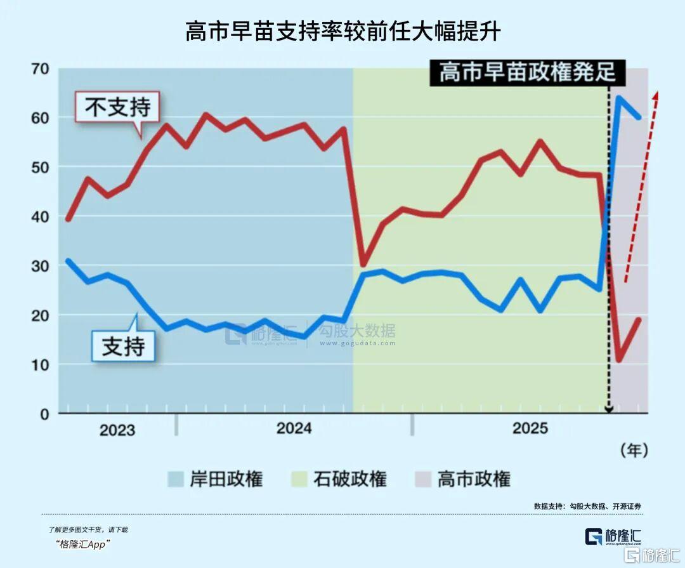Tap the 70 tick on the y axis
pos(40,69)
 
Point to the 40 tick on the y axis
pos(40,216)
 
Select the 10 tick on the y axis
pos(40,364)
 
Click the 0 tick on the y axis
pos(44,414)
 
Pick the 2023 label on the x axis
pos(117,430)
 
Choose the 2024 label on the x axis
pos(294,428)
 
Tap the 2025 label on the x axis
pos(530,428)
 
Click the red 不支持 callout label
pos(117,107)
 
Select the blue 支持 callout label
pos(124,346)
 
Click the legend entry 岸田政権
pos(216,479)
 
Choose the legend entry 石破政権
pos(339,479)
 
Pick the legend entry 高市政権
pos(463,479)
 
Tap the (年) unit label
pos(634,450)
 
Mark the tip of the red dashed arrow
pos(657,93)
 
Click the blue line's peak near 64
pos(619,97)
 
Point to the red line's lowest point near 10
pos(619,360)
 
